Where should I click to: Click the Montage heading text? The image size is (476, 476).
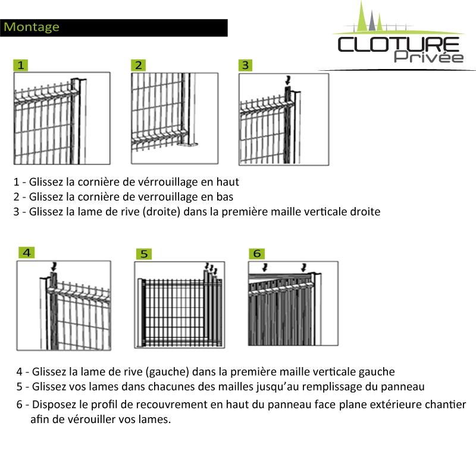pos(31,27)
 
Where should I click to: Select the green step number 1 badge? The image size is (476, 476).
pos(21,65)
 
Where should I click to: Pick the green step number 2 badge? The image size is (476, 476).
pos(139,65)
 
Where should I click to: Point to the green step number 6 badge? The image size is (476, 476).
pos(257,253)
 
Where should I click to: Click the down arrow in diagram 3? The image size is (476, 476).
pos(289,79)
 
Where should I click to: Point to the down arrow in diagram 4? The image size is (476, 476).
pos(55,265)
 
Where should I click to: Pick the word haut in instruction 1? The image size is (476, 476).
pos(228,182)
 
